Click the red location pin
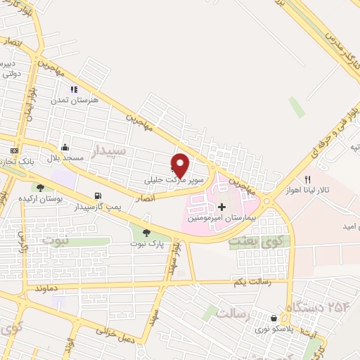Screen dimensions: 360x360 click(x=181, y=165)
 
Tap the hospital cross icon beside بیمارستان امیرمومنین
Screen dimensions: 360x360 click(x=222, y=207)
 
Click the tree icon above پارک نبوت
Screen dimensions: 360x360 click(x=146, y=233)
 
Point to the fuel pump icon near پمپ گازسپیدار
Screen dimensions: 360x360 click(x=96, y=196)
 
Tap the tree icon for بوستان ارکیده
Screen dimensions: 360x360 click(x=39, y=188)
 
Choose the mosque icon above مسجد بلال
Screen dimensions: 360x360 click(x=65, y=147)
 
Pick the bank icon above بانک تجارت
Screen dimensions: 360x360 click(x=13, y=151)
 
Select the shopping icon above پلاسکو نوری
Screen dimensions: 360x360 click(x=274, y=319)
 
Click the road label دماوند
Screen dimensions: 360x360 click(x=44, y=289)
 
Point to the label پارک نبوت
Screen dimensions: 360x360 click(x=147, y=243)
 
